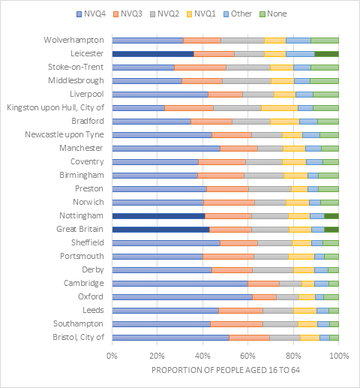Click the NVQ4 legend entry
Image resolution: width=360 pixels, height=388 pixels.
[91, 14]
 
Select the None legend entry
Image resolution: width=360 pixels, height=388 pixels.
[273, 14]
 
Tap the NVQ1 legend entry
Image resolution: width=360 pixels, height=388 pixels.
[201, 14]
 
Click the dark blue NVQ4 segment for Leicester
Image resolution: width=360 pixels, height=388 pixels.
[153, 54]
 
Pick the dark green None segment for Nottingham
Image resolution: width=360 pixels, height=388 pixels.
[331, 216]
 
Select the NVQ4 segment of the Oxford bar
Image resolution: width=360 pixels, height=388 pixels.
[182, 297]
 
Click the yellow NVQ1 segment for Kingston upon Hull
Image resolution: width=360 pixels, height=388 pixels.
[280, 108]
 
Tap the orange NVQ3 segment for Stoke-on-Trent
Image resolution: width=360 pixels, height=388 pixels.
[200, 68]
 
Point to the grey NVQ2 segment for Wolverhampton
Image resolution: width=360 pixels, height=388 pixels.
[242, 41]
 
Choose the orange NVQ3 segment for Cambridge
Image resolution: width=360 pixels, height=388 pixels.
[263, 284]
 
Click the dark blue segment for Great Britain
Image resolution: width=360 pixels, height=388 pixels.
[160, 230]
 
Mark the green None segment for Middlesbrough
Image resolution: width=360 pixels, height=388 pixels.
[324, 81]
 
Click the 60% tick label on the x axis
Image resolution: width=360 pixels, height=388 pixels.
[247, 356]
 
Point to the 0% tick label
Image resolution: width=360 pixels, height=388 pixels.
[112, 356]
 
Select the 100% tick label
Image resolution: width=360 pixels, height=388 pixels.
[339, 356]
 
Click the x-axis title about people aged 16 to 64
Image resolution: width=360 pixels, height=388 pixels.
[226, 370]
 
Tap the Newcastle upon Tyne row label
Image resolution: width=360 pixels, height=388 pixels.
[64, 134]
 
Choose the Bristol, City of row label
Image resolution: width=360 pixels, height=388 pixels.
[78, 337]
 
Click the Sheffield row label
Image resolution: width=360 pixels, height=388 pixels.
[88, 242]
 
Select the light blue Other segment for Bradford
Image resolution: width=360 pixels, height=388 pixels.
[308, 122]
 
